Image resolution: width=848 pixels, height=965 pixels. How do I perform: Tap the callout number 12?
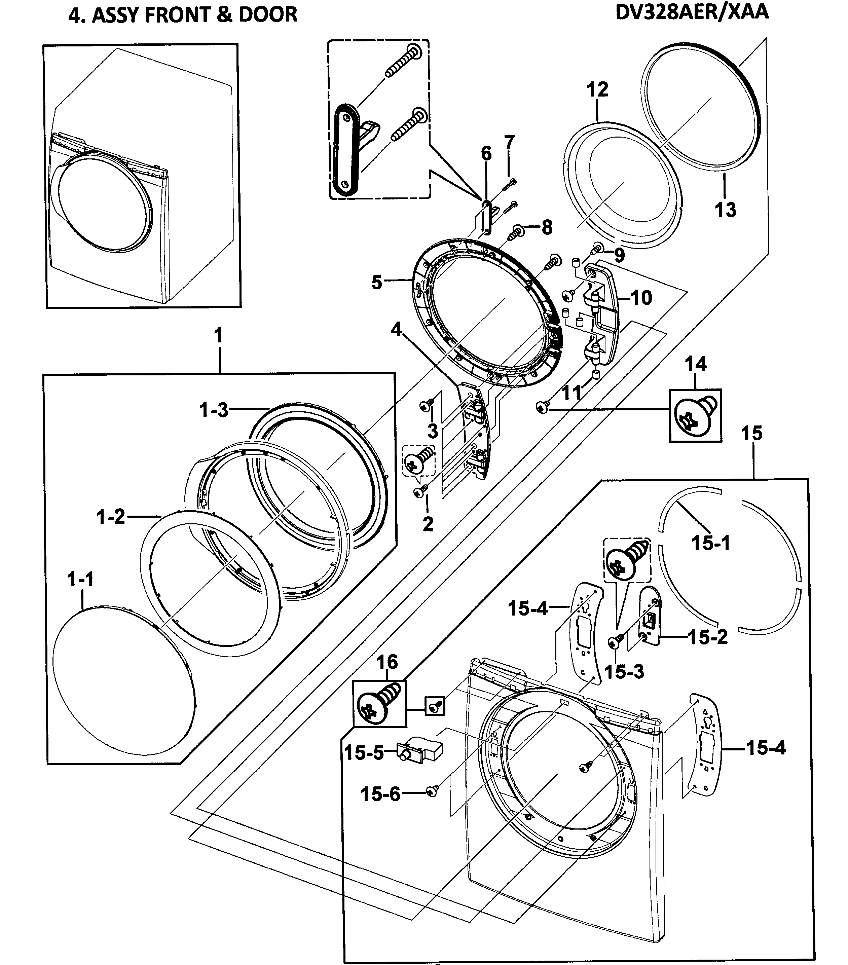click(597, 89)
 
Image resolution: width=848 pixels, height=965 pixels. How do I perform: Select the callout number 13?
click(725, 210)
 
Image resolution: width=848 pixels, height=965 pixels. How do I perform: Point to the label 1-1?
click(81, 579)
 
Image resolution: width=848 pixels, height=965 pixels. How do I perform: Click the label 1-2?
click(111, 517)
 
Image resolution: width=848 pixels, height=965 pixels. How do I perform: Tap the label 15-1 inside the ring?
click(711, 543)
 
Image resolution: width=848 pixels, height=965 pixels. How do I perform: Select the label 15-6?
click(380, 794)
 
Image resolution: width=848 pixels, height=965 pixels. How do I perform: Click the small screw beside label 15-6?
click(432, 791)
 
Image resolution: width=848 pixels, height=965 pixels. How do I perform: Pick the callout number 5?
click(376, 282)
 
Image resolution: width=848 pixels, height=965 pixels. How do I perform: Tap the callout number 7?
click(509, 142)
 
